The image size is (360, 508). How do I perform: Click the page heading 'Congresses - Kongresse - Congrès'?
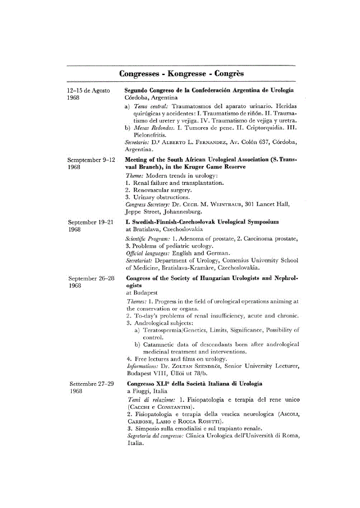(x=181, y=74)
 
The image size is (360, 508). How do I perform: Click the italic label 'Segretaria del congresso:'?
(x=155, y=435)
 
